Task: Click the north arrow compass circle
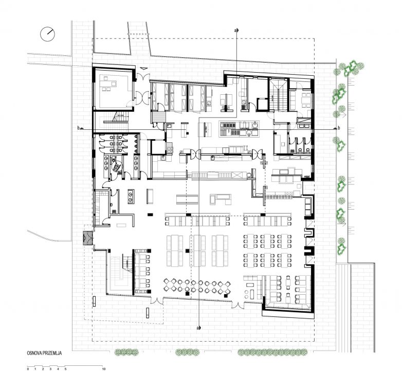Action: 47,34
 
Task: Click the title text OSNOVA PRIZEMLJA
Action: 44,353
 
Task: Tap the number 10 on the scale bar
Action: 103,369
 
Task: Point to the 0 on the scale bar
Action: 28,369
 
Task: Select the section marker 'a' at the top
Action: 236,30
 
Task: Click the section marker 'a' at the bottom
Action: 198,328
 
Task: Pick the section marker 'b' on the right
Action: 338,128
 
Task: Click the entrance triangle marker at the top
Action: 143,68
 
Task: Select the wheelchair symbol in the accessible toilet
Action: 117,166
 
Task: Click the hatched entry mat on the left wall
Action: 87,239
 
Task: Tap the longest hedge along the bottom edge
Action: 272,352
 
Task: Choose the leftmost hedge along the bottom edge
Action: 126,352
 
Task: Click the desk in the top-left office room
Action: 108,83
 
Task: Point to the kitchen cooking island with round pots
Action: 240,128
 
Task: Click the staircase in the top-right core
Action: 278,95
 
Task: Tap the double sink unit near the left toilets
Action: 131,196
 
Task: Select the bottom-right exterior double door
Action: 238,305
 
